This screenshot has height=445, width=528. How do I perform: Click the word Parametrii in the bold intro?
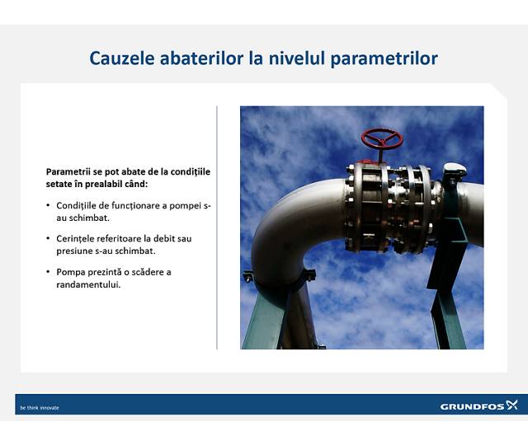click(66, 171)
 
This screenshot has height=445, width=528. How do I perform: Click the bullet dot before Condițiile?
click(48, 205)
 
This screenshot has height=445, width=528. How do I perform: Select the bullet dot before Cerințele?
click(48, 239)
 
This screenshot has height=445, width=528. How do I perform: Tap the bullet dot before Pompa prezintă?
click(48, 272)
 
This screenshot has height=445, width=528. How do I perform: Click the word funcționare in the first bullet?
click(123, 205)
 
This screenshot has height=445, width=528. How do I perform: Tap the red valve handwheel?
click(381, 139)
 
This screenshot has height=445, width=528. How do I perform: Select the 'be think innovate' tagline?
click(40, 408)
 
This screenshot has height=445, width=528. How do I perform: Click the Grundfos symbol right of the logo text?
click(511, 405)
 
